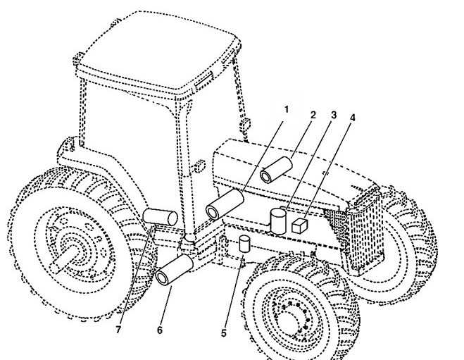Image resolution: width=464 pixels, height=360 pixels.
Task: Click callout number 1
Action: tap(286, 111)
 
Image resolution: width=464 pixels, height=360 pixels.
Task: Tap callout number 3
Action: tap(334, 114)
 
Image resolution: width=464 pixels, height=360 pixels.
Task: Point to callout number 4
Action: tap(352, 117)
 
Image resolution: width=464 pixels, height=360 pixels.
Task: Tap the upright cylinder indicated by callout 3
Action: tap(279, 221)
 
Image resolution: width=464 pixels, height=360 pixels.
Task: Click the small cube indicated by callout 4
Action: tap(300, 225)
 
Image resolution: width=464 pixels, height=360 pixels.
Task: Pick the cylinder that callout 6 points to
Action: tap(175, 271)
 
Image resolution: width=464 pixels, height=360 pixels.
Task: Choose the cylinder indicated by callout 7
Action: tap(161, 216)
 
